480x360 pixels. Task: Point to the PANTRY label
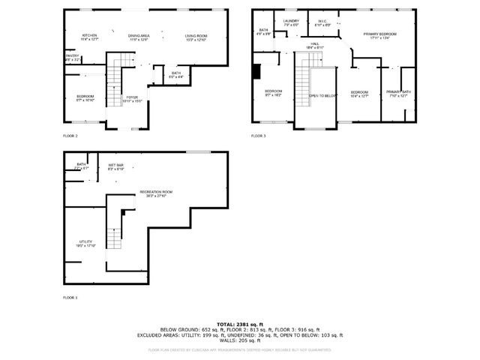pyautogui.click(x=72, y=57)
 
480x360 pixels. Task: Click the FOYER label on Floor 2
pyautogui.click(x=132, y=98)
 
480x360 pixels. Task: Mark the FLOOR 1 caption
pyautogui.click(x=70, y=298)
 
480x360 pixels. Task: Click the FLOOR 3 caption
pyautogui.click(x=258, y=136)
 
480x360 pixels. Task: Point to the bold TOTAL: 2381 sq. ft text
pyautogui.click(x=240, y=323)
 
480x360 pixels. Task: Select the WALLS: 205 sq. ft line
pyautogui.click(x=240, y=340)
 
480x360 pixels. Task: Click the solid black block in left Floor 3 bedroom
pyautogui.click(x=257, y=70)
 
